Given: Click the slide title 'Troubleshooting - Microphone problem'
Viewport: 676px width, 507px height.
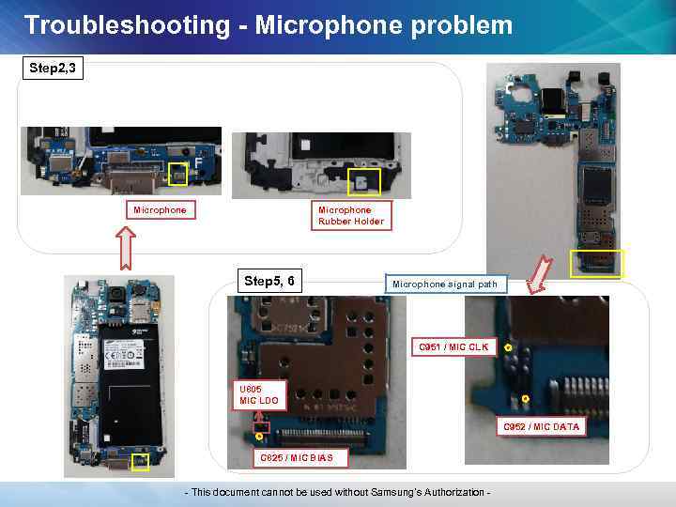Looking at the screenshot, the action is coord(269,24).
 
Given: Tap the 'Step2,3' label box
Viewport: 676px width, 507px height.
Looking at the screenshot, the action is coord(54,68).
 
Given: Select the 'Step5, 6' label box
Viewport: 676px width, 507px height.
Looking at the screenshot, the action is coord(269,281).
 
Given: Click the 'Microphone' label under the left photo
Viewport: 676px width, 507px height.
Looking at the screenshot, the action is coord(160,210).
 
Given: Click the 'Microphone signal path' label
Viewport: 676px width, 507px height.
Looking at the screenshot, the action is coord(445,284).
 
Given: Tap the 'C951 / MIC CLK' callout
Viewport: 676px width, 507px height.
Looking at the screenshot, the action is coord(453,347).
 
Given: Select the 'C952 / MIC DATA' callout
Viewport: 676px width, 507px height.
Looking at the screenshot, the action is coord(541,427).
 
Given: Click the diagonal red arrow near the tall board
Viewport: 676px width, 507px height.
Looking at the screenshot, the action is coord(538,275).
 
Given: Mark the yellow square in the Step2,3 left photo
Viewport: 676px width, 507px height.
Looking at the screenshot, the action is coord(178,171).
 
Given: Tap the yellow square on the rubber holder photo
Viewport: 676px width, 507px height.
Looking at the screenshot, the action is coord(363,181).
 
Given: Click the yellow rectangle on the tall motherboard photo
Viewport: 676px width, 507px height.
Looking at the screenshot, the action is coord(597,263).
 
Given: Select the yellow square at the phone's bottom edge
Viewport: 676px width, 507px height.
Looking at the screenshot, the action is coord(140,462).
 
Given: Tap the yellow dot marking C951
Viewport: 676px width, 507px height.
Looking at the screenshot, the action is coord(507,348).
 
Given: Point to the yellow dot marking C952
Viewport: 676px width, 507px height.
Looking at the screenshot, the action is coord(526,399).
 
